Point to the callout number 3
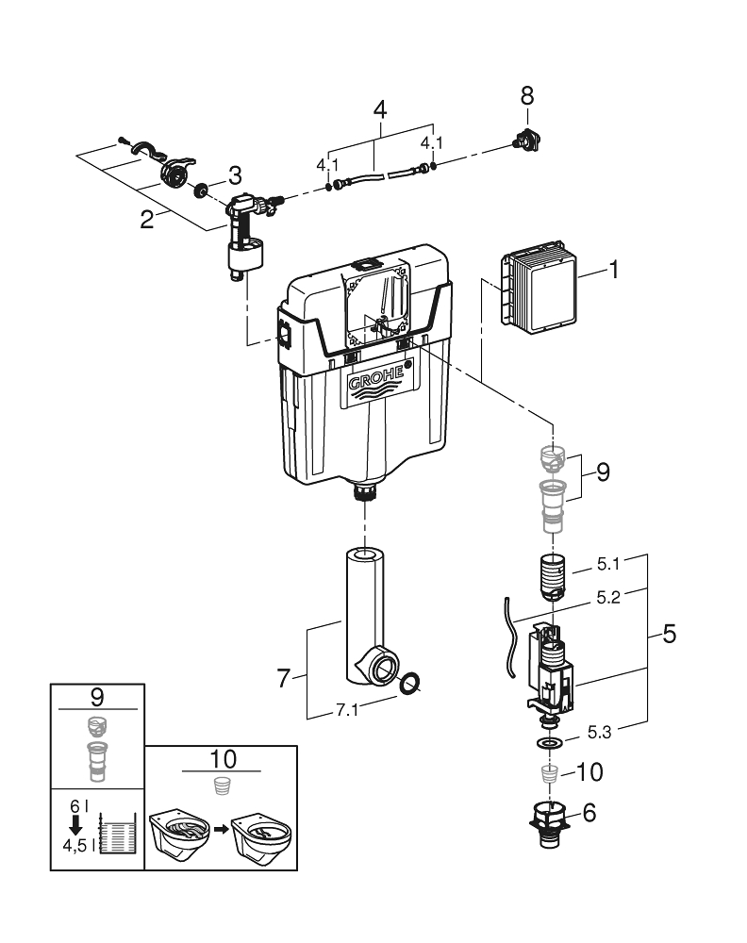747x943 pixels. click(x=235, y=175)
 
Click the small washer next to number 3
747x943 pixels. click(x=202, y=190)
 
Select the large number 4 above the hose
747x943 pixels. click(x=380, y=108)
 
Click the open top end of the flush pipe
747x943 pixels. click(x=363, y=554)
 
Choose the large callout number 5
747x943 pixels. click(x=669, y=635)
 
